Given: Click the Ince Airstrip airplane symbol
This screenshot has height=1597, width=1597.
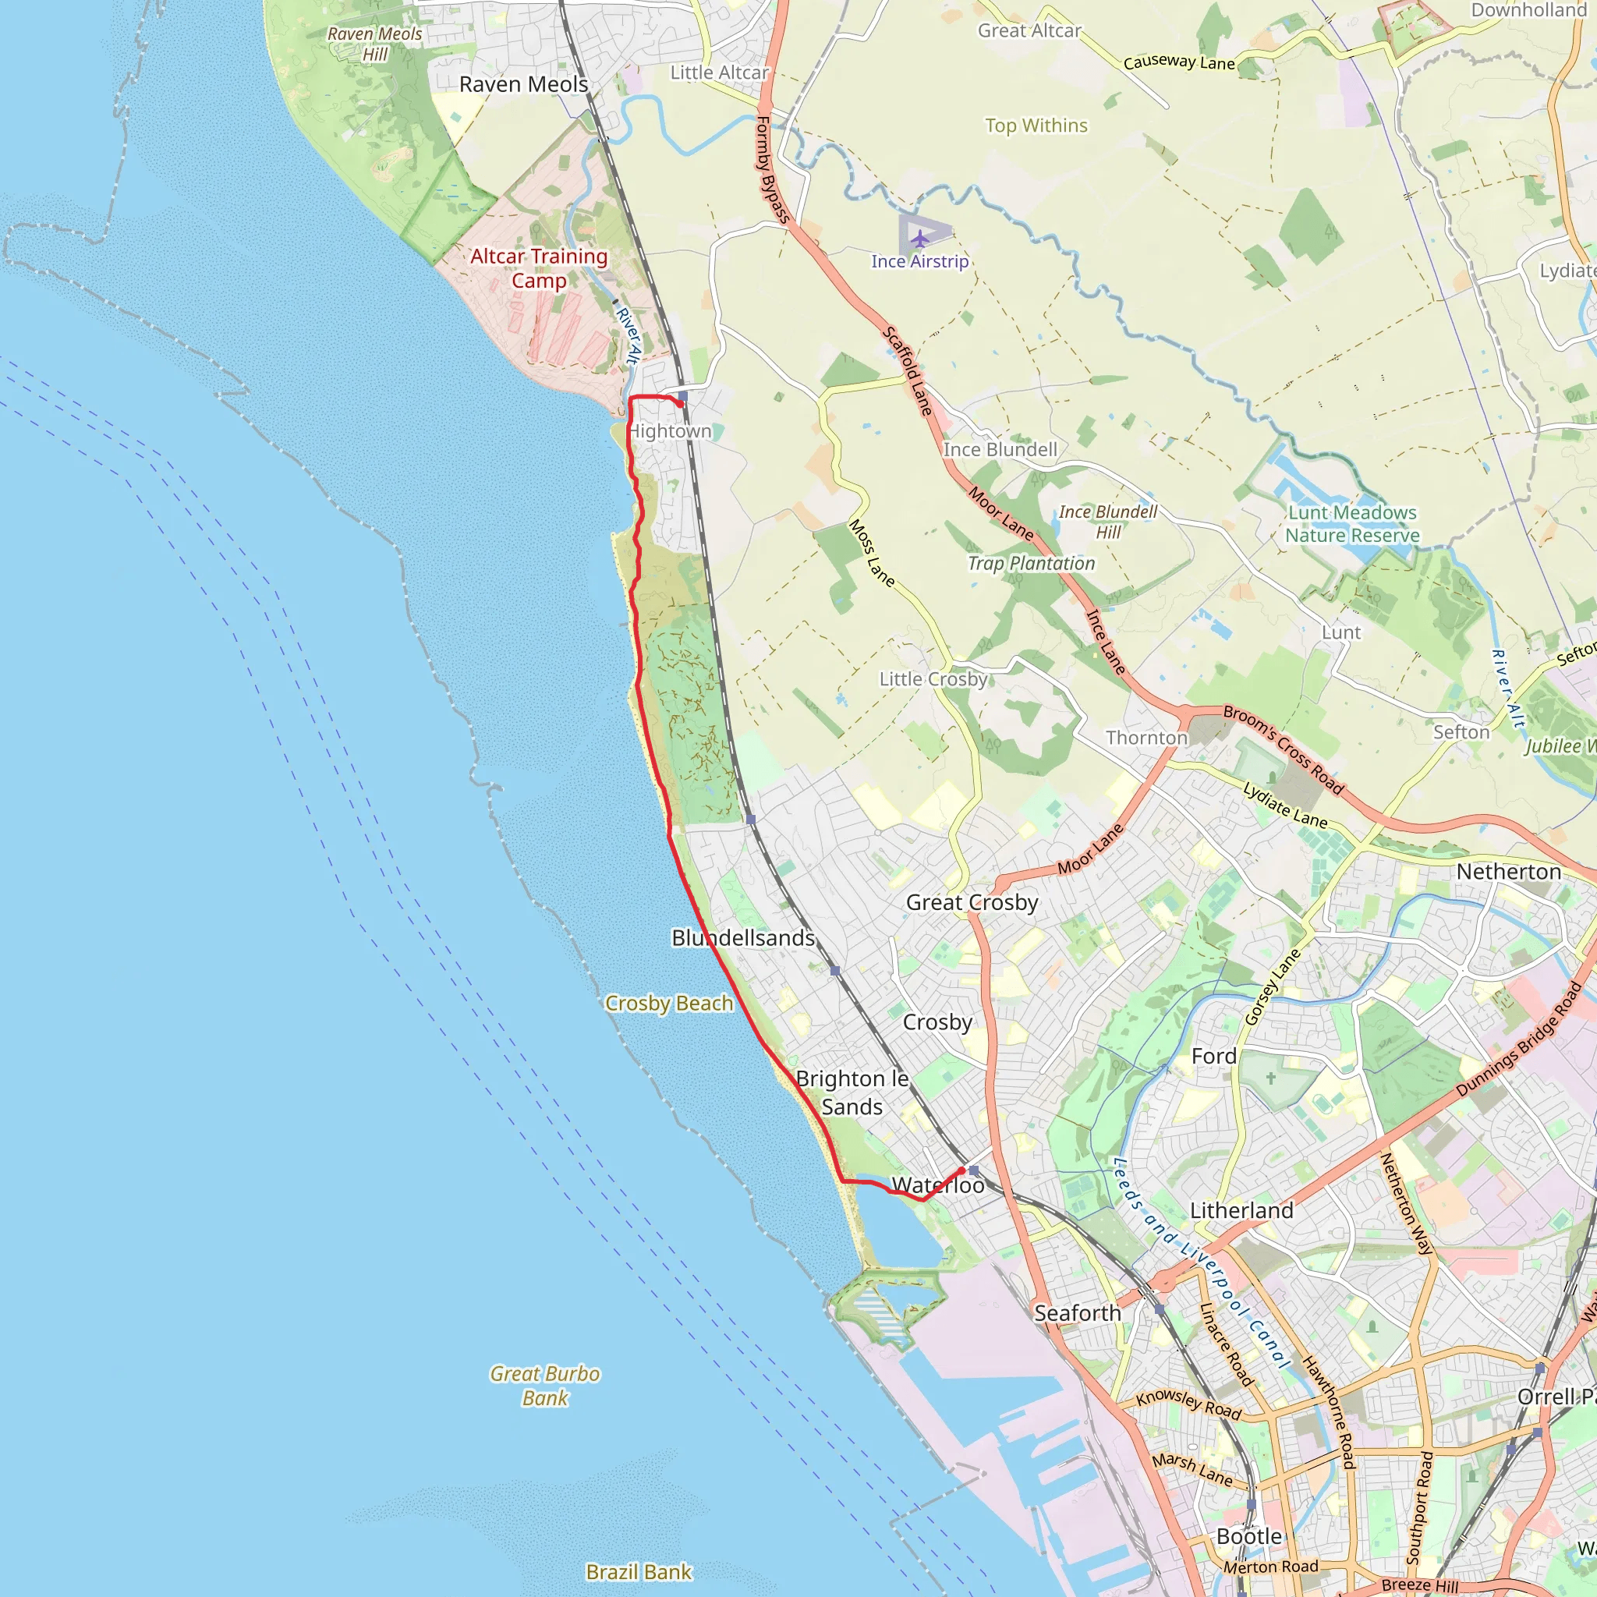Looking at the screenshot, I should click(x=920, y=239).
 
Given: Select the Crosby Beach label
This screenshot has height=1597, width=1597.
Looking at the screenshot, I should click(x=669, y=1003).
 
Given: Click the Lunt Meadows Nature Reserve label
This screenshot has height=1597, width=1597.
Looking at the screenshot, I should click(x=1352, y=523).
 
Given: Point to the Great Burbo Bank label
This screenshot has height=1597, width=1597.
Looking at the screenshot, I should click(x=545, y=1386).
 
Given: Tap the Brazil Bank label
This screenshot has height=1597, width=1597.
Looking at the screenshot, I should click(x=638, y=1571).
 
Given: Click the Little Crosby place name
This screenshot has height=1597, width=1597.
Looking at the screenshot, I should click(x=933, y=678).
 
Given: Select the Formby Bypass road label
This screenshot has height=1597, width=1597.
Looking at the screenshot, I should click(x=773, y=169).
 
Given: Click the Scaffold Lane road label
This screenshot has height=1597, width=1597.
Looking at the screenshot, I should click(x=908, y=370).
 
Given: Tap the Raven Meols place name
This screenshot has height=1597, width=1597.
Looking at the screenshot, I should click(x=523, y=84).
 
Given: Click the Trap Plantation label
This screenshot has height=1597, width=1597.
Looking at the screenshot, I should click(x=1031, y=563).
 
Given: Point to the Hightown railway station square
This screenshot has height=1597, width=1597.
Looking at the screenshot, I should click(x=683, y=396).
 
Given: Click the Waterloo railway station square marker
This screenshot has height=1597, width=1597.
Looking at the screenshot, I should click(x=974, y=1170).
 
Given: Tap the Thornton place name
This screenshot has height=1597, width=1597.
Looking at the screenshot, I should click(x=1146, y=738).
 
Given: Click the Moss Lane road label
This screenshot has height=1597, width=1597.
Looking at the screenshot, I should click(x=871, y=553).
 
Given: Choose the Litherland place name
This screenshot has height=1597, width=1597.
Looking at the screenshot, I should click(x=1241, y=1210).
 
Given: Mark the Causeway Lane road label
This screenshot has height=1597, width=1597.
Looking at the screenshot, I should click(x=1179, y=62).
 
